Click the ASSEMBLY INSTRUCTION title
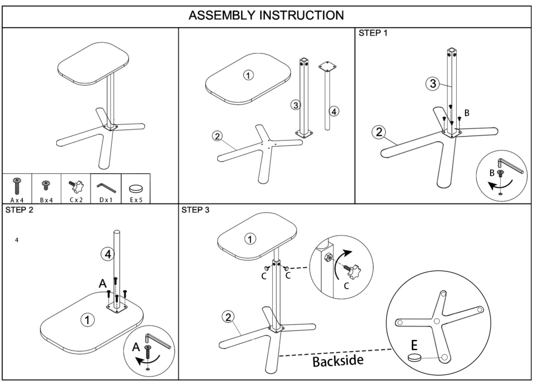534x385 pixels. (266, 14)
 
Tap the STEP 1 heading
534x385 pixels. (373, 33)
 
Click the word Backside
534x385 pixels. (338, 362)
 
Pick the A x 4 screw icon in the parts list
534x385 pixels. (17, 186)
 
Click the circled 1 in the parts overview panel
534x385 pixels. (248, 76)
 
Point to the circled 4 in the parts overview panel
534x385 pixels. (333, 111)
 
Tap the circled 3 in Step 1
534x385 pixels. (432, 84)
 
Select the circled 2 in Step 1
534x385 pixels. (379, 132)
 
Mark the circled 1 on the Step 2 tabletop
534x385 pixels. (87, 319)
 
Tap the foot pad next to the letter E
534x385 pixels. (415, 358)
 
